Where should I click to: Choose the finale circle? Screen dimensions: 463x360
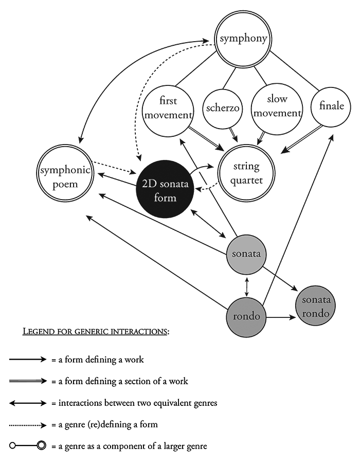(x=331, y=107)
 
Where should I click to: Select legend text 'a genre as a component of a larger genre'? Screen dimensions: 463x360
(x=129, y=446)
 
